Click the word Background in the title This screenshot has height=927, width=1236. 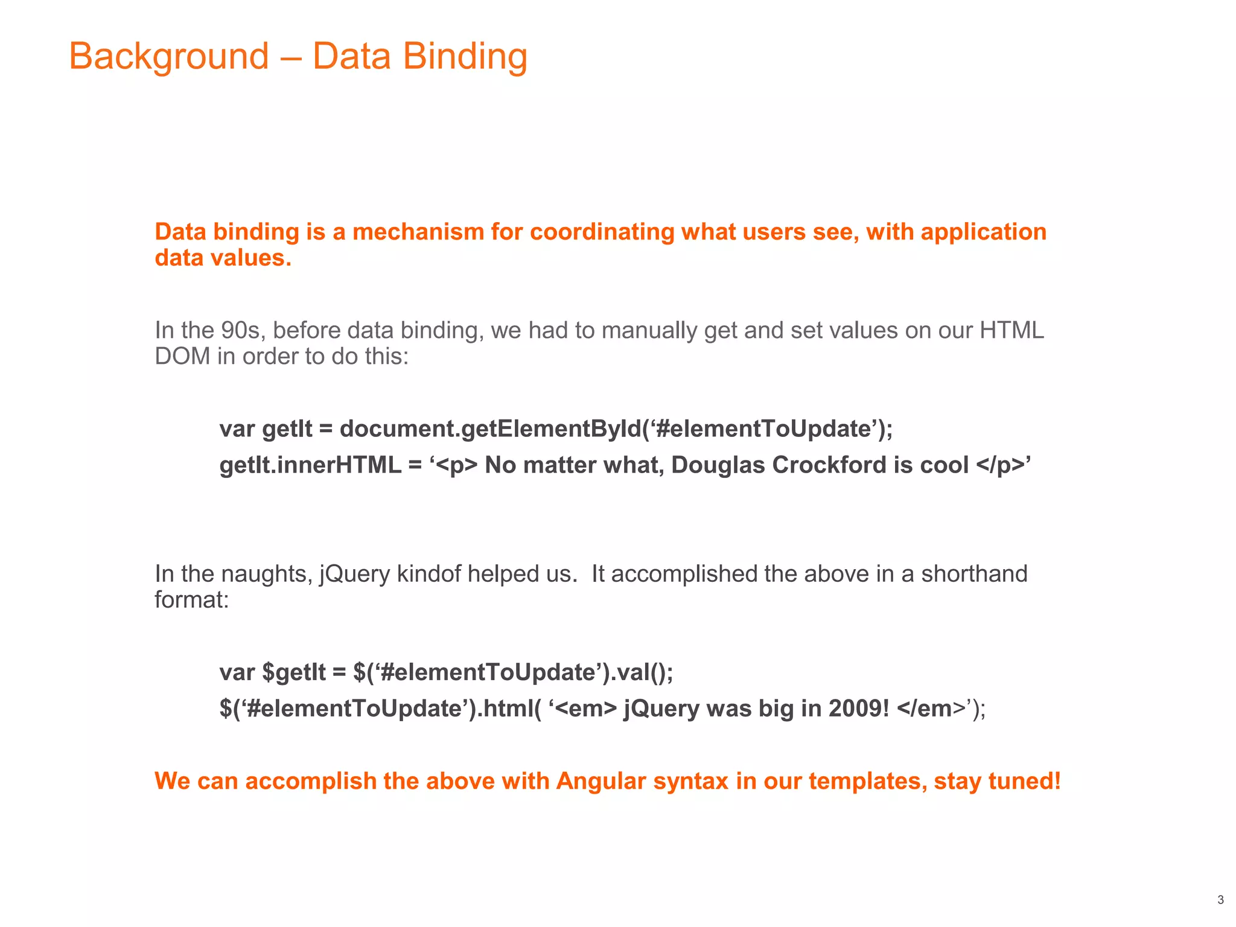click(169, 56)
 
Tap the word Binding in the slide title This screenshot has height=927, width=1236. click(465, 56)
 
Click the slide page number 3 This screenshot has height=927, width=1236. click(1220, 900)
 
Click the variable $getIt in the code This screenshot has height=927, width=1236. click(294, 672)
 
